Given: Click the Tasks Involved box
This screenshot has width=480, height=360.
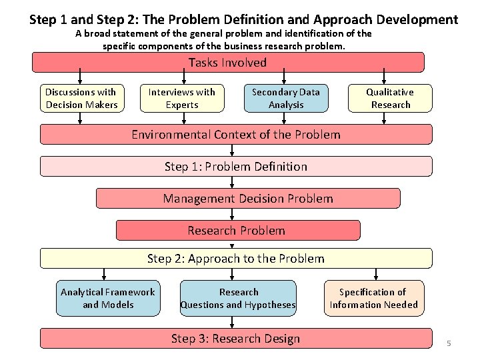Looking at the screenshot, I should coord(228,63).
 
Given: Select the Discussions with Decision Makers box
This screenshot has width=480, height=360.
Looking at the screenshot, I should coord(81,98).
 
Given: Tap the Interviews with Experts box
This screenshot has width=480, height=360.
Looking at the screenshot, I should coord(182,98).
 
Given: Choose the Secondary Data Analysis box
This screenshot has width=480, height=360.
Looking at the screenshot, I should coord(285,98).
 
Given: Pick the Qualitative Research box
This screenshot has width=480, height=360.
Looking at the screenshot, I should coord(390,98).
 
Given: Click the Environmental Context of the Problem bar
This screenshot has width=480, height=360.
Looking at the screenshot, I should coord(235,135).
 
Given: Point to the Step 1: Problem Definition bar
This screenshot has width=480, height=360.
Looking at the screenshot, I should coord(235,166).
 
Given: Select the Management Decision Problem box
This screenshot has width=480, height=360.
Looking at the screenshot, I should coord(248,198).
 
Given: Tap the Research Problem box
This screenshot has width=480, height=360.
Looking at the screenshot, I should coord(237,231).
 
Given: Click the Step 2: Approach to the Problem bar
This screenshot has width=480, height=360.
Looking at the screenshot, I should coord(235,258).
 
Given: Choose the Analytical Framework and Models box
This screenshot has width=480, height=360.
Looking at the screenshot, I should coord(108,298).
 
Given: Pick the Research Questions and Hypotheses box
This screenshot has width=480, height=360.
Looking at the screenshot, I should coord(238,298).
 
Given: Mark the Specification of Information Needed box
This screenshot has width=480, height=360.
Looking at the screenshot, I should coord(373,298).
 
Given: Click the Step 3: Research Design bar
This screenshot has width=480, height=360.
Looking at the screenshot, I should coord(235,339).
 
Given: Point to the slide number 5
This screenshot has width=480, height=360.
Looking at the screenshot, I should coord(449,343).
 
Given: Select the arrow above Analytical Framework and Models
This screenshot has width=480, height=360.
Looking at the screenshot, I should coord(103,273).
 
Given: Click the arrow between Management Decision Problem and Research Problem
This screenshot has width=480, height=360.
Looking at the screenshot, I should coord(232,214).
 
